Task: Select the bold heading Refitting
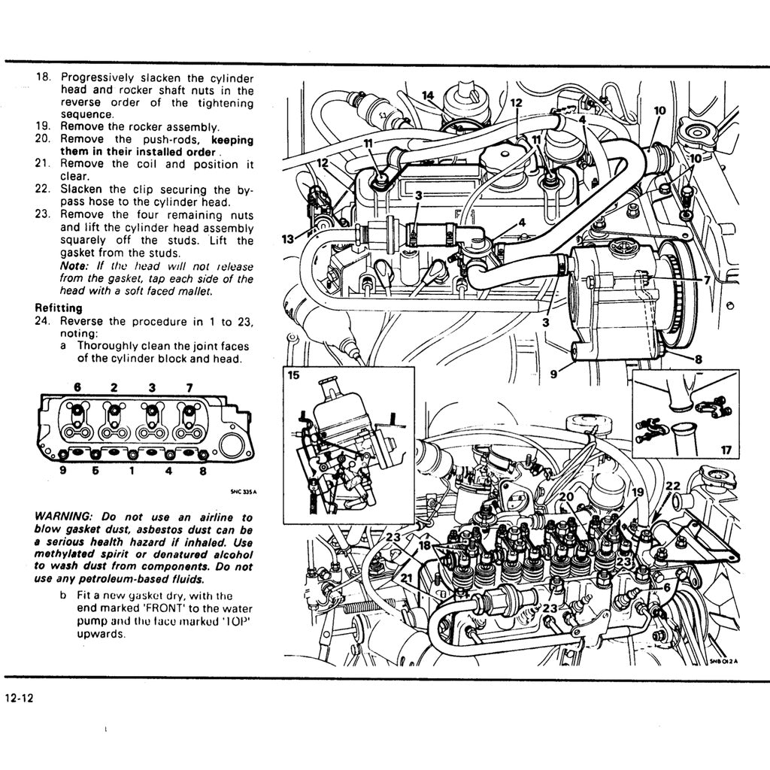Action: [x=59, y=308]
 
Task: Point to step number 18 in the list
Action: [x=44, y=77]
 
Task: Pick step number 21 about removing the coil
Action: [x=42, y=163]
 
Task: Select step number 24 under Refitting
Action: [x=43, y=321]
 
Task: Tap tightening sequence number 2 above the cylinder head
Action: [x=114, y=387]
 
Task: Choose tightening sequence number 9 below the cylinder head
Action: [x=63, y=472]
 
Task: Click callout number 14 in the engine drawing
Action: [x=428, y=95]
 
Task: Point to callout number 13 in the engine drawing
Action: [x=287, y=239]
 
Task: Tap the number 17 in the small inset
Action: [x=725, y=450]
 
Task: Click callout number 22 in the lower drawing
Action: [x=672, y=486]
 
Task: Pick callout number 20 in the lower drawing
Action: [x=565, y=497]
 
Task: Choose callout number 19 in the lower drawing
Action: [x=638, y=492]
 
